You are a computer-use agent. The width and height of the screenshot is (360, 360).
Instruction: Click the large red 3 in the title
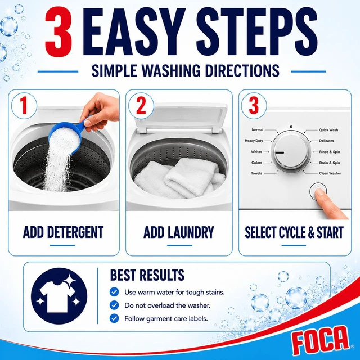(59, 31)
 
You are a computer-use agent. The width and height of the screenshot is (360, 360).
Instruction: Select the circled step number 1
(24, 106)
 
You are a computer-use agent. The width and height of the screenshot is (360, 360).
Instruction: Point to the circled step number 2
(141, 106)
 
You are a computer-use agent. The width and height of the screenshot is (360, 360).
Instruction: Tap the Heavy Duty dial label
(254, 141)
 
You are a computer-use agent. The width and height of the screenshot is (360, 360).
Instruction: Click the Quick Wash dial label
(328, 130)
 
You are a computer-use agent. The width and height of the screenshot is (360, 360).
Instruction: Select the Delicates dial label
(326, 141)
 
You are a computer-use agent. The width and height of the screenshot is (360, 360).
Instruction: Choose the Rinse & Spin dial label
(330, 152)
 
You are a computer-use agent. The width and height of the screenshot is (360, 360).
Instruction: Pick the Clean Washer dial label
(330, 173)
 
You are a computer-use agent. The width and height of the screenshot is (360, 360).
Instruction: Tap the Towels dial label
(256, 173)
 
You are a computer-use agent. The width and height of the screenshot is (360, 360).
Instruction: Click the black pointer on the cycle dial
(280, 152)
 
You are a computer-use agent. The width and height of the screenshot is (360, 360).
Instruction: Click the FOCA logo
(320, 340)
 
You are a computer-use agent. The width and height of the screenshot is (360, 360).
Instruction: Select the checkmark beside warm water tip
(114, 292)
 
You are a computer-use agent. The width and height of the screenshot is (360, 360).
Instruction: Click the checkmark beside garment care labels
(114, 318)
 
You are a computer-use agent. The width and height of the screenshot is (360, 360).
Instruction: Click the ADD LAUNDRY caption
(179, 232)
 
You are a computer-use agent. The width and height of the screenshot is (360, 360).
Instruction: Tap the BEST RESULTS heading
(147, 274)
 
